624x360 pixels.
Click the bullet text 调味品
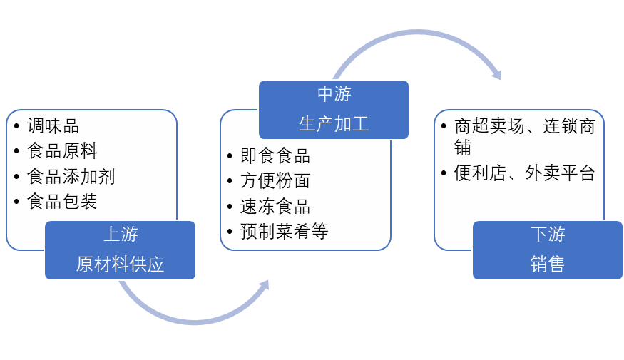pyautogui.click(x=53, y=126)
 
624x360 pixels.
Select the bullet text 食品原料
pyautogui.click(x=62, y=151)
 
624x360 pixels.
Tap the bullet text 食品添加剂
pyautogui.click(x=71, y=176)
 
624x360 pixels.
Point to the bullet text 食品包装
pyautogui.click(x=62, y=202)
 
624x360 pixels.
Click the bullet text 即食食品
pyautogui.click(x=275, y=156)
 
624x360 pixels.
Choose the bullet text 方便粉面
pyautogui.click(x=275, y=181)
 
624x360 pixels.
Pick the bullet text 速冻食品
pyautogui.click(x=275, y=207)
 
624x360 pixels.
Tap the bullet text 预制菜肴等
pyautogui.click(x=284, y=232)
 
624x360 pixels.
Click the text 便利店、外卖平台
pyautogui.click(x=524, y=173)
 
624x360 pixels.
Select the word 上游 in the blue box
pyautogui.click(x=121, y=234)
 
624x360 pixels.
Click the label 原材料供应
pyautogui.click(x=121, y=264)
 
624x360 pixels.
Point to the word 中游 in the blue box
pyautogui.click(x=334, y=93)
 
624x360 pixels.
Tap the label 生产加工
pyautogui.click(x=334, y=124)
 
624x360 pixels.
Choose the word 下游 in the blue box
pyautogui.click(x=548, y=234)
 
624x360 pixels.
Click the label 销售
pyautogui.click(x=548, y=264)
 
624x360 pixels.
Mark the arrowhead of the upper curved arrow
pyautogui.click(x=496, y=74)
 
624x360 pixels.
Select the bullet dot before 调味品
pyautogui.click(x=16, y=127)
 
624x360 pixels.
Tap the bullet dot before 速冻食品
pyautogui.click(x=230, y=207)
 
